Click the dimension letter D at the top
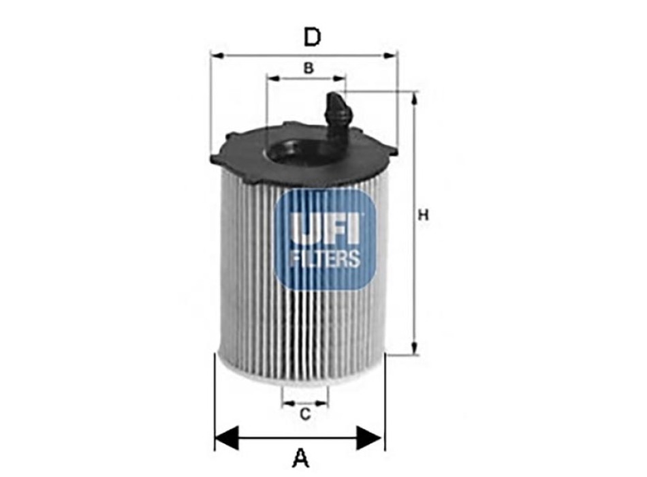click(312, 37)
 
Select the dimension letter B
click(309, 67)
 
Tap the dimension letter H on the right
click(424, 215)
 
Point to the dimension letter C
click(305, 414)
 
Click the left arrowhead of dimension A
click(227, 437)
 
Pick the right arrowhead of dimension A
click(369, 437)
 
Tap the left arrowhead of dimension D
click(217, 55)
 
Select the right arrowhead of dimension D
click(390, 55)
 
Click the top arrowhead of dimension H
click(414, 99)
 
